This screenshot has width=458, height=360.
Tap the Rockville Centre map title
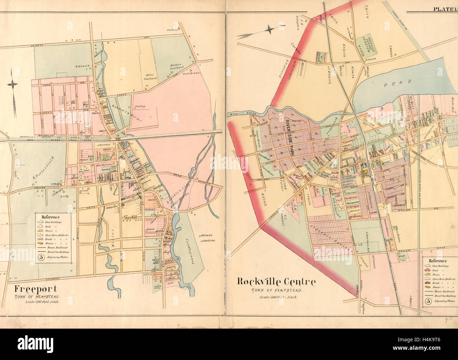pos(276,282)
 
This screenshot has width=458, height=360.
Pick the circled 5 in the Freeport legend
pos(41,257)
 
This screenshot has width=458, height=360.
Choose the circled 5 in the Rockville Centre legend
pos(428,301)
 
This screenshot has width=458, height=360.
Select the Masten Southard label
pos(175,67)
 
